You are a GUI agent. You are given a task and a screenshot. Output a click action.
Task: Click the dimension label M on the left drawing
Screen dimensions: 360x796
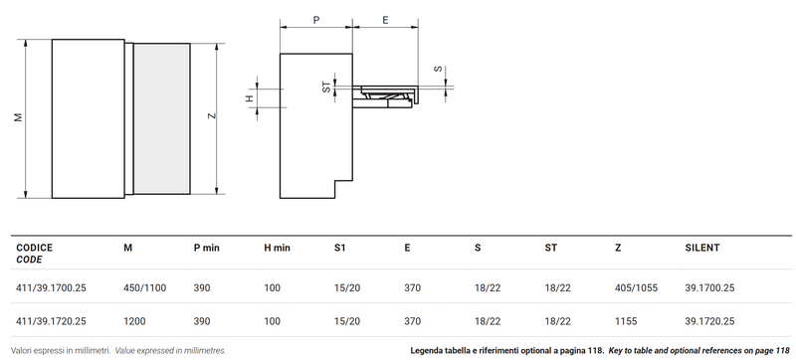coord(18,117)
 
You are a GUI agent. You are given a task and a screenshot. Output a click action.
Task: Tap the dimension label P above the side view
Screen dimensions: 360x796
coord(315,19)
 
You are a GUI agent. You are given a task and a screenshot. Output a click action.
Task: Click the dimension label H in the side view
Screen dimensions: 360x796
coord(250,96)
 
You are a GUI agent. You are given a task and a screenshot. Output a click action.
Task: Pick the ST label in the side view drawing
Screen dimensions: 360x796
coord(325,88)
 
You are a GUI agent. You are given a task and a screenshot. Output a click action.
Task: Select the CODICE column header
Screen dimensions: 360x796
coord(35,246)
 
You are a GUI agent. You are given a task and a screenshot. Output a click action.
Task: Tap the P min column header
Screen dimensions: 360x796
coord(210,246)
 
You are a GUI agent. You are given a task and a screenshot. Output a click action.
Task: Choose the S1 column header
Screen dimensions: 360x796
coord(340,246)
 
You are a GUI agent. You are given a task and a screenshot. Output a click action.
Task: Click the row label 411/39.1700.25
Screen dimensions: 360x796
coord(51,286)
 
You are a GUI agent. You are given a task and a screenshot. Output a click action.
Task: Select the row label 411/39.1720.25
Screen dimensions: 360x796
coord(51,321)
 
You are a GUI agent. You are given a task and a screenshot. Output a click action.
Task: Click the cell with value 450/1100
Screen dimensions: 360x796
coord(142,286)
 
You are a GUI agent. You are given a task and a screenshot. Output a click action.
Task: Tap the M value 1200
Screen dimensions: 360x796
coord(133,321)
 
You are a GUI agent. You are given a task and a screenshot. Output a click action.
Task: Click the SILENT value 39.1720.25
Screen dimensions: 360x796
coord(708,321)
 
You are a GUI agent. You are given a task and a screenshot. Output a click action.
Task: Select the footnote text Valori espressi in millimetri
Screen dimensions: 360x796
coord(60,351)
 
